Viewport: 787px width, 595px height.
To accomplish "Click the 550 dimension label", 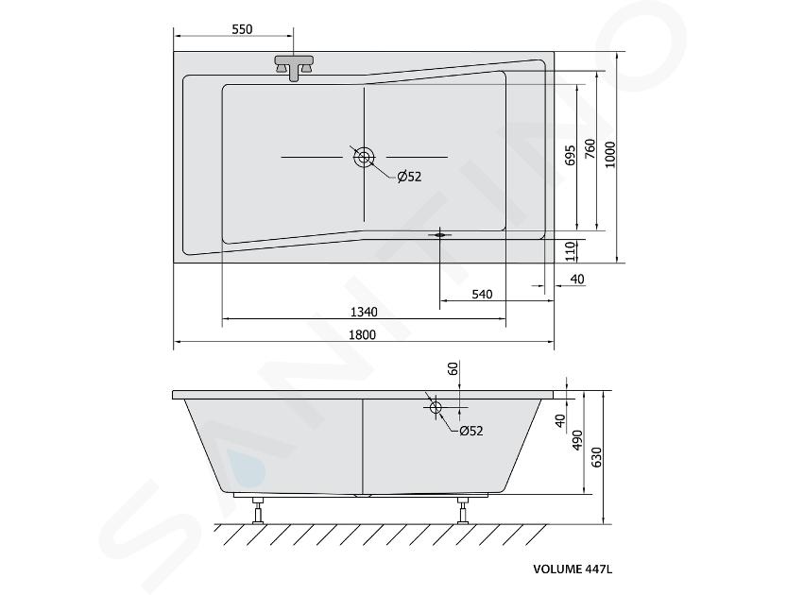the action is tap(242, 29).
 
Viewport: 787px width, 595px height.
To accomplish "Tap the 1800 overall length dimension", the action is tap(362, 334).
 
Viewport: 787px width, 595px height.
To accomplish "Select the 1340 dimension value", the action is tap(364, 312).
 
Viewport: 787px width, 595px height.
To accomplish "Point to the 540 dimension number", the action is tap(482, 294).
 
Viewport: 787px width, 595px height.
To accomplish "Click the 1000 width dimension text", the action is tap(609, 155).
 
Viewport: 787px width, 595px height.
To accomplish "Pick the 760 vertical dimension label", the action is tap(590, 149).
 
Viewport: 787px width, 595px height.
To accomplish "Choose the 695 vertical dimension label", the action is tap(569, 156).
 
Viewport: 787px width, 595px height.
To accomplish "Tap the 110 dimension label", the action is tap(569, 251).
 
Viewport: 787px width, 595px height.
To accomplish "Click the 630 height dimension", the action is tap(596, 456).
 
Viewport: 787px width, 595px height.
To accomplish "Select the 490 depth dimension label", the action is tap(576, 440).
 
